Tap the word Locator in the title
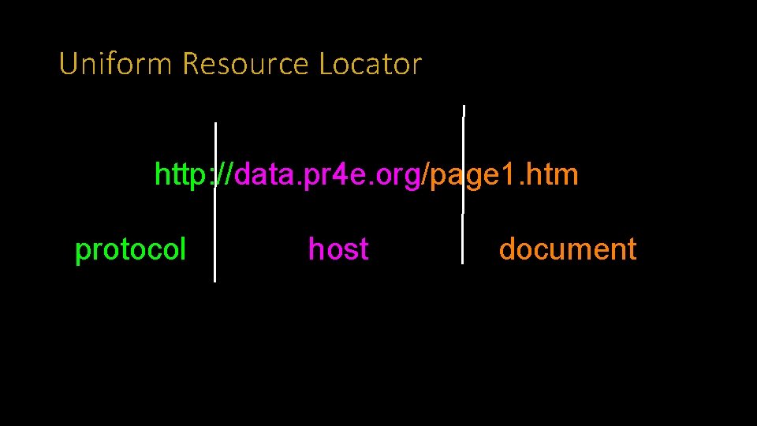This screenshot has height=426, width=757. (x=371, y=64)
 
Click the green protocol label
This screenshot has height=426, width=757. (x=130, y=250)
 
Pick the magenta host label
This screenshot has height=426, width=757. (x=338, y=249)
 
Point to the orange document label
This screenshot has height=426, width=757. (x=568, y=249)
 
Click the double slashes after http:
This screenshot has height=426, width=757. (x=223, y=174)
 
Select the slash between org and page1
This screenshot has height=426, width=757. (x=427, y=174)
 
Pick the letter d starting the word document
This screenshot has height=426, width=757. (x=507, y=249)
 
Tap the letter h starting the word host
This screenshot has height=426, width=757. (x=315, y=249)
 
